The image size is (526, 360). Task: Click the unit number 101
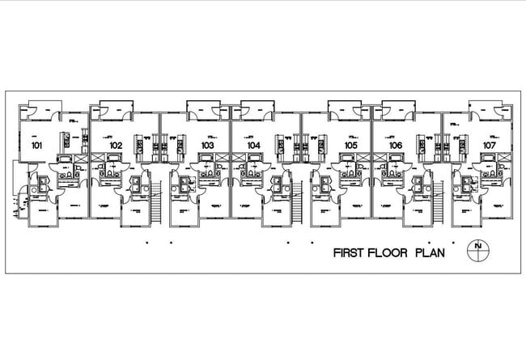[x=36, y=146]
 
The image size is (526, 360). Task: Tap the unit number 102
[x=116, y=146]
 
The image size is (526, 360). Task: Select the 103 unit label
[x=207, y=146]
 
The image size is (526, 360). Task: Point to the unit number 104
[x=254, y=146]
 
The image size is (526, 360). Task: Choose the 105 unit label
[x=350, y=146]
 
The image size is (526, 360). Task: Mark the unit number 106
[x=396, y=146]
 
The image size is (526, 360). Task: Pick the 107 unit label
[x=490, y=146]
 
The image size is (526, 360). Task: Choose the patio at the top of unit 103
[x=203, y=108]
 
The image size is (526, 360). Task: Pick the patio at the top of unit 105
[x=345, y=108]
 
